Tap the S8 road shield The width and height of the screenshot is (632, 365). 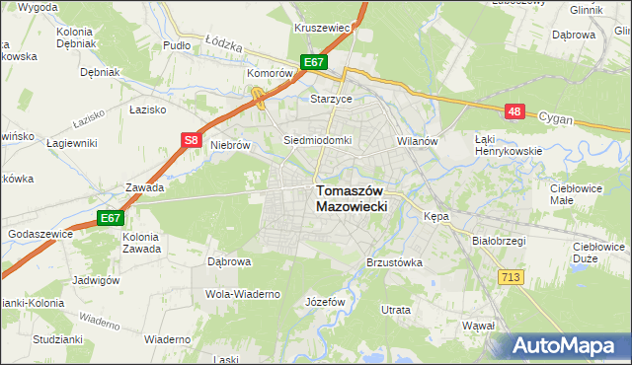pyautogui.click(x=193, y=141)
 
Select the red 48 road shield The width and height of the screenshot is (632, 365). pyautogui.click(x=513, y=111)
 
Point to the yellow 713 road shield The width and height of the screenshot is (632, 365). pyautogui.click(x=510, y=279)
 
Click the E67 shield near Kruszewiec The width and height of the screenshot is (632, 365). pyautogui.click(x=314, y=62)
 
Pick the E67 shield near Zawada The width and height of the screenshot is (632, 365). pyautogui.click(x=110, y=218)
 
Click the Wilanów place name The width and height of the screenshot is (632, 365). pyautogui.click(x=417, y=141)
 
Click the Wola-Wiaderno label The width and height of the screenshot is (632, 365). pyautogui.click(x=243, y=294)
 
